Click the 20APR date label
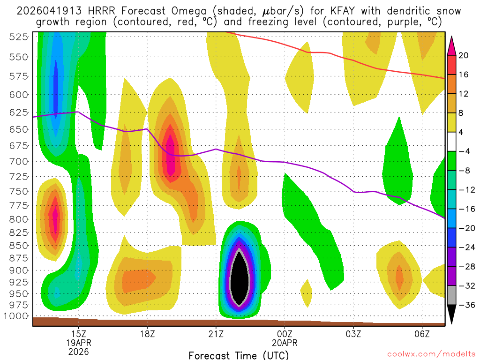click(285, 342)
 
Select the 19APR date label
click(78, 342)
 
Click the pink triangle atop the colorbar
click(452, 45)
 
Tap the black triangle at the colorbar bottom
click(452, 314)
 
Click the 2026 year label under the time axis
click(78, 351)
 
